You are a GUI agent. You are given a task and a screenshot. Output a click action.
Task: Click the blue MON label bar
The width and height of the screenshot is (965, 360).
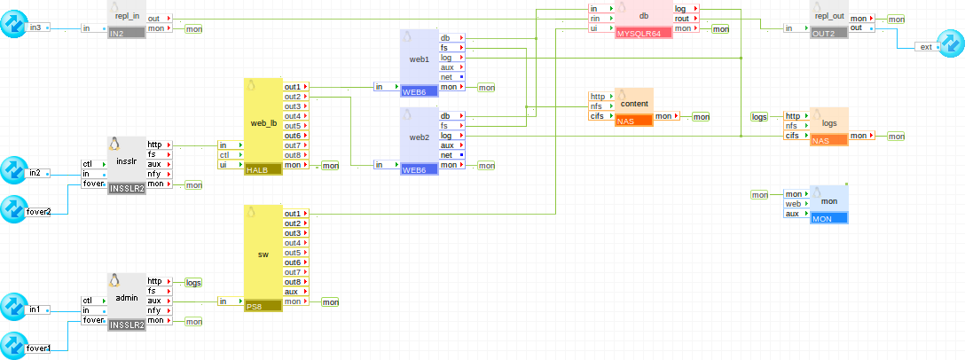click(828, 218)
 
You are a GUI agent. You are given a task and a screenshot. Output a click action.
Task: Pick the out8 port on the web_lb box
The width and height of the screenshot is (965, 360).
click(293, 155)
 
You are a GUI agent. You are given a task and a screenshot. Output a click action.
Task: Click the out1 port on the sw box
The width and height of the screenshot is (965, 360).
click(293, 214)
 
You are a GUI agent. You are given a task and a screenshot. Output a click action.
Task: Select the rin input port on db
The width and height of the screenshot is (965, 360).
click(599, 19)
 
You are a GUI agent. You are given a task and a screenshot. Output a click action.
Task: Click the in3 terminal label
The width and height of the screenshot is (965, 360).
click(35, 28)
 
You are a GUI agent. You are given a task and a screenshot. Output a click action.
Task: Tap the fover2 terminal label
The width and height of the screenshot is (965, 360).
click(38, 212)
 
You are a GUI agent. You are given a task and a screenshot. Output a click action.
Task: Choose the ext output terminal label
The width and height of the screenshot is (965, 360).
click(926, 47)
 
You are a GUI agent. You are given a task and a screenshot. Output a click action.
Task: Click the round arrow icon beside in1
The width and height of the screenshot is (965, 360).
click(13, 308)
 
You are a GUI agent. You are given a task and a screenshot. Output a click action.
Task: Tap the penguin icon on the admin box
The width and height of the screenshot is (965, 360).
click(114, 281)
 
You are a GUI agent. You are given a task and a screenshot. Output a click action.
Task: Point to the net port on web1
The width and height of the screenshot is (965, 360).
click(447, 77)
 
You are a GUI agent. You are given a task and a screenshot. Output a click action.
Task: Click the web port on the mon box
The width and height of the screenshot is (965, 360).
click(792, 204)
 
